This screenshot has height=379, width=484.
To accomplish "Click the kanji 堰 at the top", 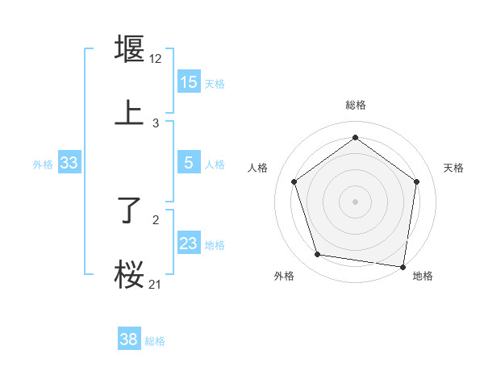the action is tap(129, 48).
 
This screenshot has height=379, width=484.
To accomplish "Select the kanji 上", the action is tap(129, 113).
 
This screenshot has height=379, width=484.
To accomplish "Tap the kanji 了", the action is tap(129, 211).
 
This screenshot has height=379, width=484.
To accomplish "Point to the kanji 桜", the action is tap(129, 274).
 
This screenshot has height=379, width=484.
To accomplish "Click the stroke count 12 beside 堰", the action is tap(156, 59).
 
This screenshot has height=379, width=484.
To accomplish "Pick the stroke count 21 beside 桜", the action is tap(156, 284).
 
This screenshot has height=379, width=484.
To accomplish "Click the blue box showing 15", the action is tap(189, 82).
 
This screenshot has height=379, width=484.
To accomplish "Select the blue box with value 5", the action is tap(189, 163).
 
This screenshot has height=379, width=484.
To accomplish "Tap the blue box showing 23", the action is tap(189, 244).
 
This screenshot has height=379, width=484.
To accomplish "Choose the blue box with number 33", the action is tap(69, 163).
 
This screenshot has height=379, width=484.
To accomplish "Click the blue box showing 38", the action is tap(129, 339).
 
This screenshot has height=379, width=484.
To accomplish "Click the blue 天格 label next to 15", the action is tap(215, 83).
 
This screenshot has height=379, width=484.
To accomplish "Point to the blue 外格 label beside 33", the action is tap(43, 164).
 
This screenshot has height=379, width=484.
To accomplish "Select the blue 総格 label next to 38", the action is tap(155, 340).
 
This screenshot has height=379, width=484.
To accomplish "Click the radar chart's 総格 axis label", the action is tap(355, 105).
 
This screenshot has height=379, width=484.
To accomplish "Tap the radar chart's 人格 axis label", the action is tap(258, 168).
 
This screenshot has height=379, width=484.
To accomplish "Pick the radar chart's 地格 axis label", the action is tap(423, 277).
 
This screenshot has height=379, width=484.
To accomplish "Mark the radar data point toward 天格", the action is tap(416, 181).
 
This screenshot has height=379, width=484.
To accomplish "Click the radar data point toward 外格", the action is tap(318, 255).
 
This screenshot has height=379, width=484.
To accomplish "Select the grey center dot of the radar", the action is tap(355, 201).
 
